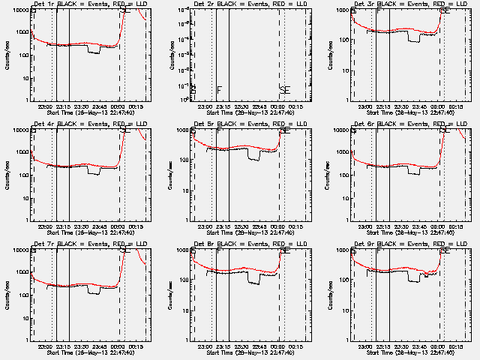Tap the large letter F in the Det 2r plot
[219, 91]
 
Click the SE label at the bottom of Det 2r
[284, 91]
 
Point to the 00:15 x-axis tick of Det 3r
[457, 106]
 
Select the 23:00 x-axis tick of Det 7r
[43, 346]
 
